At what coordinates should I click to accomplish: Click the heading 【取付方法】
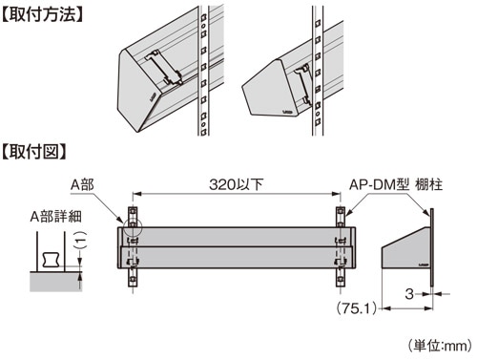42,15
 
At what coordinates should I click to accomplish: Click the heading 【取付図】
34,152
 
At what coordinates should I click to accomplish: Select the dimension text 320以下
237,184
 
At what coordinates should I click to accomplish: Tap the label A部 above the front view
82,184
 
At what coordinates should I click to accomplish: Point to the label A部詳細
56,217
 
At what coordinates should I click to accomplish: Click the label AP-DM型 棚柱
396,184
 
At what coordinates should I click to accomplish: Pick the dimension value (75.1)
357,307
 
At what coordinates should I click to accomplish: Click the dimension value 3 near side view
409,294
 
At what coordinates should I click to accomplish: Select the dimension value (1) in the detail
82,240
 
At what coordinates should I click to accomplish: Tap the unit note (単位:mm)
441,346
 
